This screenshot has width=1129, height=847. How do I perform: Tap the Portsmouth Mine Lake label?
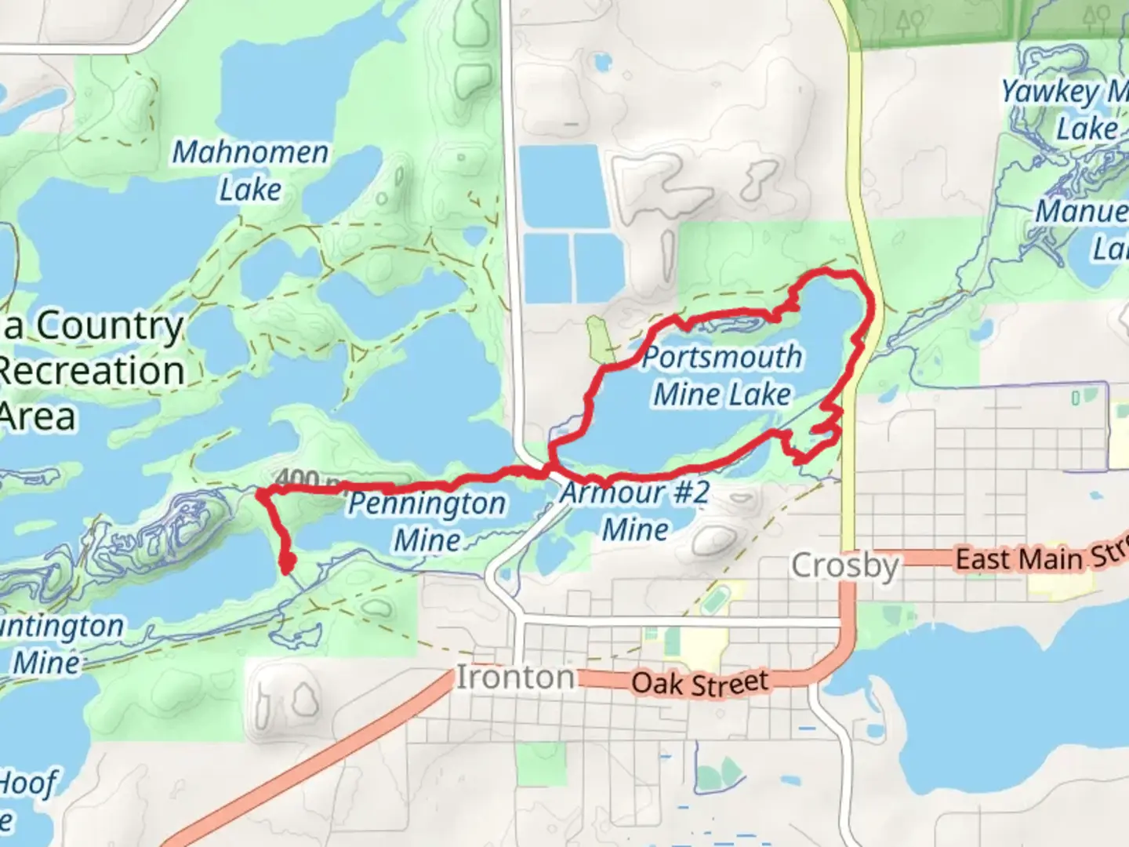tap(722, 375)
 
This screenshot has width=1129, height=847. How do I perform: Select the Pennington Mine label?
tap(427, 521)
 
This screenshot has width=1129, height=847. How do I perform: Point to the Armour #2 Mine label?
tap(635, 511)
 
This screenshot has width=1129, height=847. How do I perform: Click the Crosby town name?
tap(844, 565)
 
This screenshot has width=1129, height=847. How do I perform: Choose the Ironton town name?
tap(515, 677)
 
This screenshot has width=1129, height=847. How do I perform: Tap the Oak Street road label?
tap(699, 683)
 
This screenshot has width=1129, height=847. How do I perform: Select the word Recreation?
tap(91, 371)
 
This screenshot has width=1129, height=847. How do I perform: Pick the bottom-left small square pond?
tap(546, 267)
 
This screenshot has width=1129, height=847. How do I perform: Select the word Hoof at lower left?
tap(28, 783)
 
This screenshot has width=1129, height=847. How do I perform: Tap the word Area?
tap(39, 416)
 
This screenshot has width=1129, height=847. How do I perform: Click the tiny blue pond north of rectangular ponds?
tap(602, 61)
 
